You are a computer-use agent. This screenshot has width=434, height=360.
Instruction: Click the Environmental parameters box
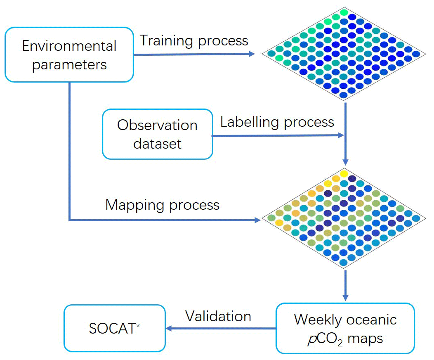[x=69, y=54]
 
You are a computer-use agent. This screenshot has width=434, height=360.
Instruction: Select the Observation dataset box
[x=157, y=134]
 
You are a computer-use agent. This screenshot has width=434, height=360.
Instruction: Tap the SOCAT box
[x=114, y=328]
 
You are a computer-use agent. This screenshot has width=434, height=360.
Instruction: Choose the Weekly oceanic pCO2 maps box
[x=345, y=328]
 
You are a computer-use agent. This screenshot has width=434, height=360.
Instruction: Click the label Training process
[x=194, y=41]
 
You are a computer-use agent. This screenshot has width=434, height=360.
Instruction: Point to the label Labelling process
[x=277, y=122]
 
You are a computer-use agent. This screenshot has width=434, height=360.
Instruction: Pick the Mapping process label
[x=163, y=205]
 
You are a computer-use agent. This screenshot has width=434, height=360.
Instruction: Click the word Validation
[x=218, y=316]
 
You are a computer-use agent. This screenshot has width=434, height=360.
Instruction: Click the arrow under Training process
[x=194, y=54]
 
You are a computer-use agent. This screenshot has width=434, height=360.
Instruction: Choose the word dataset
[x=157, y=143]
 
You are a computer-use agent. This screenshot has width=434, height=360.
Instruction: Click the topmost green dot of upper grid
[x=344, y=13]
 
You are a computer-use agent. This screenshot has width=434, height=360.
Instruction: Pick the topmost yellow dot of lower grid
[x=344, y=173]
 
